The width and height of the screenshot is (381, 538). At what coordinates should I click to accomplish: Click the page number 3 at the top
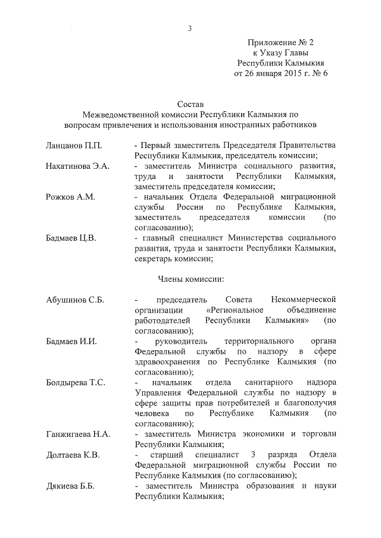coord(189,28)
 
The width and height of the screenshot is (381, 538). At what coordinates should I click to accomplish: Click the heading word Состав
coord(190,103)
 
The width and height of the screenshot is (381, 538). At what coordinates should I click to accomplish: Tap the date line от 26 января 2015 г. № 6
coord(280,74)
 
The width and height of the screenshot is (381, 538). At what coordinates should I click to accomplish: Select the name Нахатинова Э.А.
coord(77,166)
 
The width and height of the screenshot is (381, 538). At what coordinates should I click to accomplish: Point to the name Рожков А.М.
coord(70,196)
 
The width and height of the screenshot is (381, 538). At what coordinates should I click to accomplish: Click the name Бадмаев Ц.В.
coord(73,238)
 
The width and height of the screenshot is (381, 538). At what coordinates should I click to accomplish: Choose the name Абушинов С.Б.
coord(75,300)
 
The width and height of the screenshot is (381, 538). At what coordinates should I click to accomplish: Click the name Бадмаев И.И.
coord(71,341)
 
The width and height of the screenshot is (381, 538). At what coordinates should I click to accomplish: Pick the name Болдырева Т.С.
coord(76,383)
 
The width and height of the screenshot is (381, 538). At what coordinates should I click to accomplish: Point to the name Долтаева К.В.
coord(73,455)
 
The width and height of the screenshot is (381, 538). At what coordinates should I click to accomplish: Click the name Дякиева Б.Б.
coord(71,486)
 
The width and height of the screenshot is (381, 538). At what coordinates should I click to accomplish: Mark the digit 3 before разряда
coord(254,455)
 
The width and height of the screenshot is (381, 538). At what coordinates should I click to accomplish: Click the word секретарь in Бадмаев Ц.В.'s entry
coord(154,259)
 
